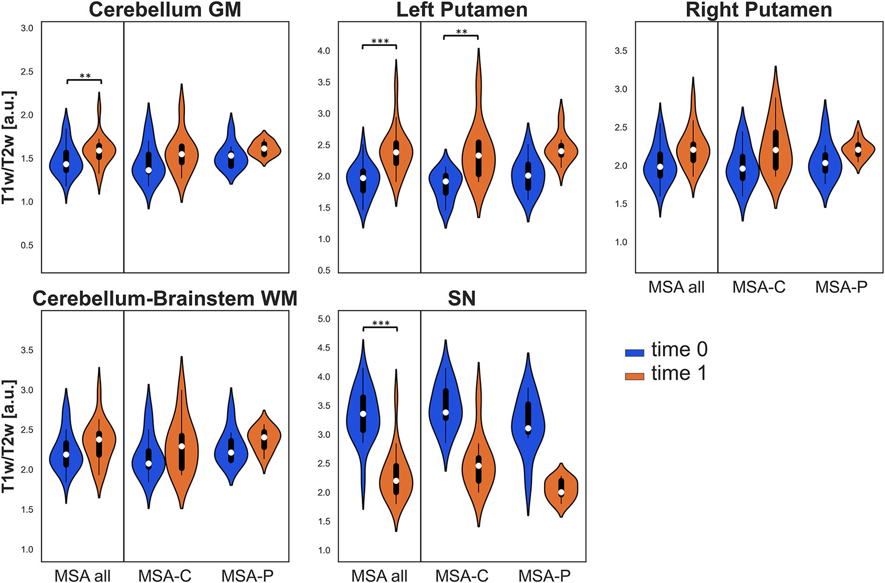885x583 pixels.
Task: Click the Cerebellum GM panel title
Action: [165, 10]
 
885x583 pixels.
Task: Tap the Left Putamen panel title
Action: [461, 10]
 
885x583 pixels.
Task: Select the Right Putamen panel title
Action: [759, 10]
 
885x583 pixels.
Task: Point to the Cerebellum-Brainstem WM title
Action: [165, 299]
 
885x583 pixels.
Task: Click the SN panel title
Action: [461, 299]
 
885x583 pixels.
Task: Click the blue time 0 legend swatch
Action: [634, 352]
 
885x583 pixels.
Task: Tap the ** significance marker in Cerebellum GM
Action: [85, 76]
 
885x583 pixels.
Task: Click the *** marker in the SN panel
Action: [381, 324]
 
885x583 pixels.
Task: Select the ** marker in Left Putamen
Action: [461, 32]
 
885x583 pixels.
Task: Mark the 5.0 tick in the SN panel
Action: [324, 319]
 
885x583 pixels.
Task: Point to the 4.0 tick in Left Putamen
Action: [324, 51]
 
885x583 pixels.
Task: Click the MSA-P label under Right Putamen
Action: [841, 287]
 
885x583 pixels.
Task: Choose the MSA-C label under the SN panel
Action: [461, 576]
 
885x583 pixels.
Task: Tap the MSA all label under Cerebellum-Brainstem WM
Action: [82, 576]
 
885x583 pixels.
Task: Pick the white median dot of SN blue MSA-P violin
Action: [528, 429]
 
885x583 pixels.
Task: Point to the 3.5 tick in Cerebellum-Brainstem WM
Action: [27, 350]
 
